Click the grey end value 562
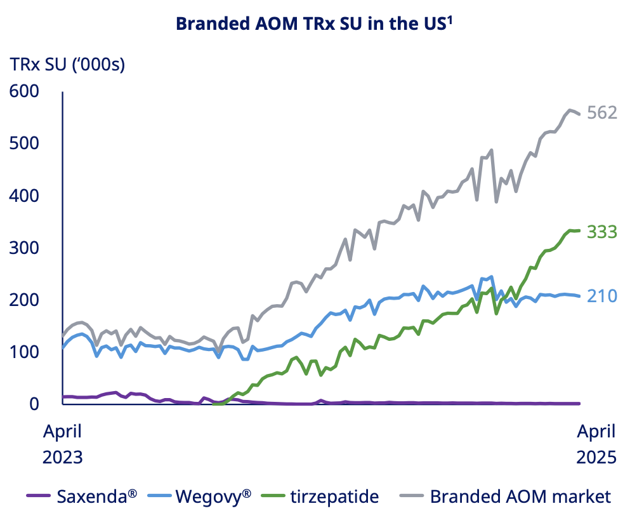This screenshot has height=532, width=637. pos(602,113)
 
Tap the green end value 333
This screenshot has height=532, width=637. pos(601,232)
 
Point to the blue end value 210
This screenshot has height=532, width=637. pos(601,296)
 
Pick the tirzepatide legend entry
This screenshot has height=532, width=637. pos(334,496)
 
